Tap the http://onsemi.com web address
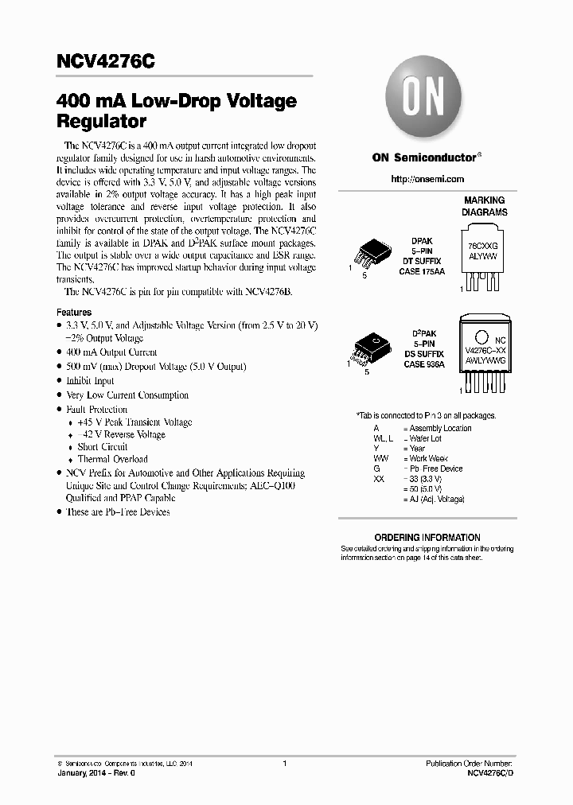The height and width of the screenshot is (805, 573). click(x=427, y=179)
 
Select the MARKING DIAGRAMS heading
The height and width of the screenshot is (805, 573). click(x=484, y=207)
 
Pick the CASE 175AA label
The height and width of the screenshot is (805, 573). click(x=422, y=271)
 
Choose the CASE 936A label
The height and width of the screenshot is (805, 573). click(x=424, y=364)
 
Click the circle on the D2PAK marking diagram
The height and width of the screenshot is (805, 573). click(x=481, y=336)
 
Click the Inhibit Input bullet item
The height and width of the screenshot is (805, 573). click(x=91, y=380)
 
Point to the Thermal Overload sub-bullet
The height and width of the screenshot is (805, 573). click(x=112, y=459)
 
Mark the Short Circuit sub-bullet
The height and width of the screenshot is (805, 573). click(x=103, y=447)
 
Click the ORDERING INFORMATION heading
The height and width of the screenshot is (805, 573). click(x=427, y=538)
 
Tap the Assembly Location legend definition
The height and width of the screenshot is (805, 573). click(x=440, y=428)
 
